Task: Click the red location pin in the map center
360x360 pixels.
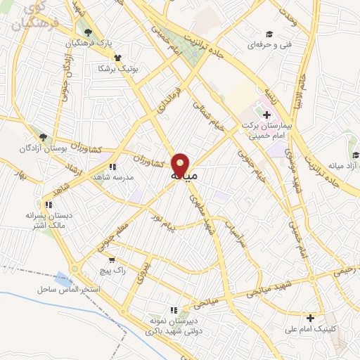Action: [x=181, y=165]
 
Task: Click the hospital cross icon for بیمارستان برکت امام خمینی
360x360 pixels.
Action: [x=266, y=114]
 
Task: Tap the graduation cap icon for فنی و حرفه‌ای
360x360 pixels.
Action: [x=268, y=34]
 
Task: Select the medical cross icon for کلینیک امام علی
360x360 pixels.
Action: [x=310, y=318]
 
